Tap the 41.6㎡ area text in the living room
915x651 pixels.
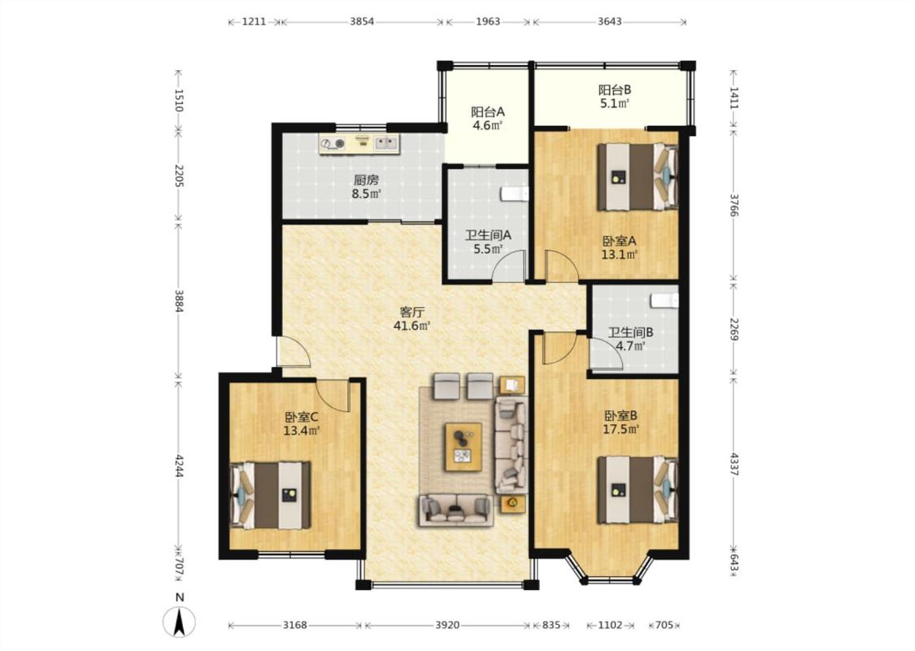412,325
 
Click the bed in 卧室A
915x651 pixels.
638,177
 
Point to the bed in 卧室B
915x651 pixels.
638,490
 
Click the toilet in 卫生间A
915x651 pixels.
515,194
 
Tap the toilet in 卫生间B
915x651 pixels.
664,300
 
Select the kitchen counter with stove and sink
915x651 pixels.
359,144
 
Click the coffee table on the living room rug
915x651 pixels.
464,447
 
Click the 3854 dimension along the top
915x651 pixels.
362,22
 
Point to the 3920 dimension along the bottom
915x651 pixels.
447,625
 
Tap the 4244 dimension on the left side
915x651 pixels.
180,465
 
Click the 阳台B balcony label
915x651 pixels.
615,90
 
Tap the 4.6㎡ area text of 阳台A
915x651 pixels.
488,125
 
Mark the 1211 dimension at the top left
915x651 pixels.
254,22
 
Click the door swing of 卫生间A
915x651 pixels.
509,265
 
